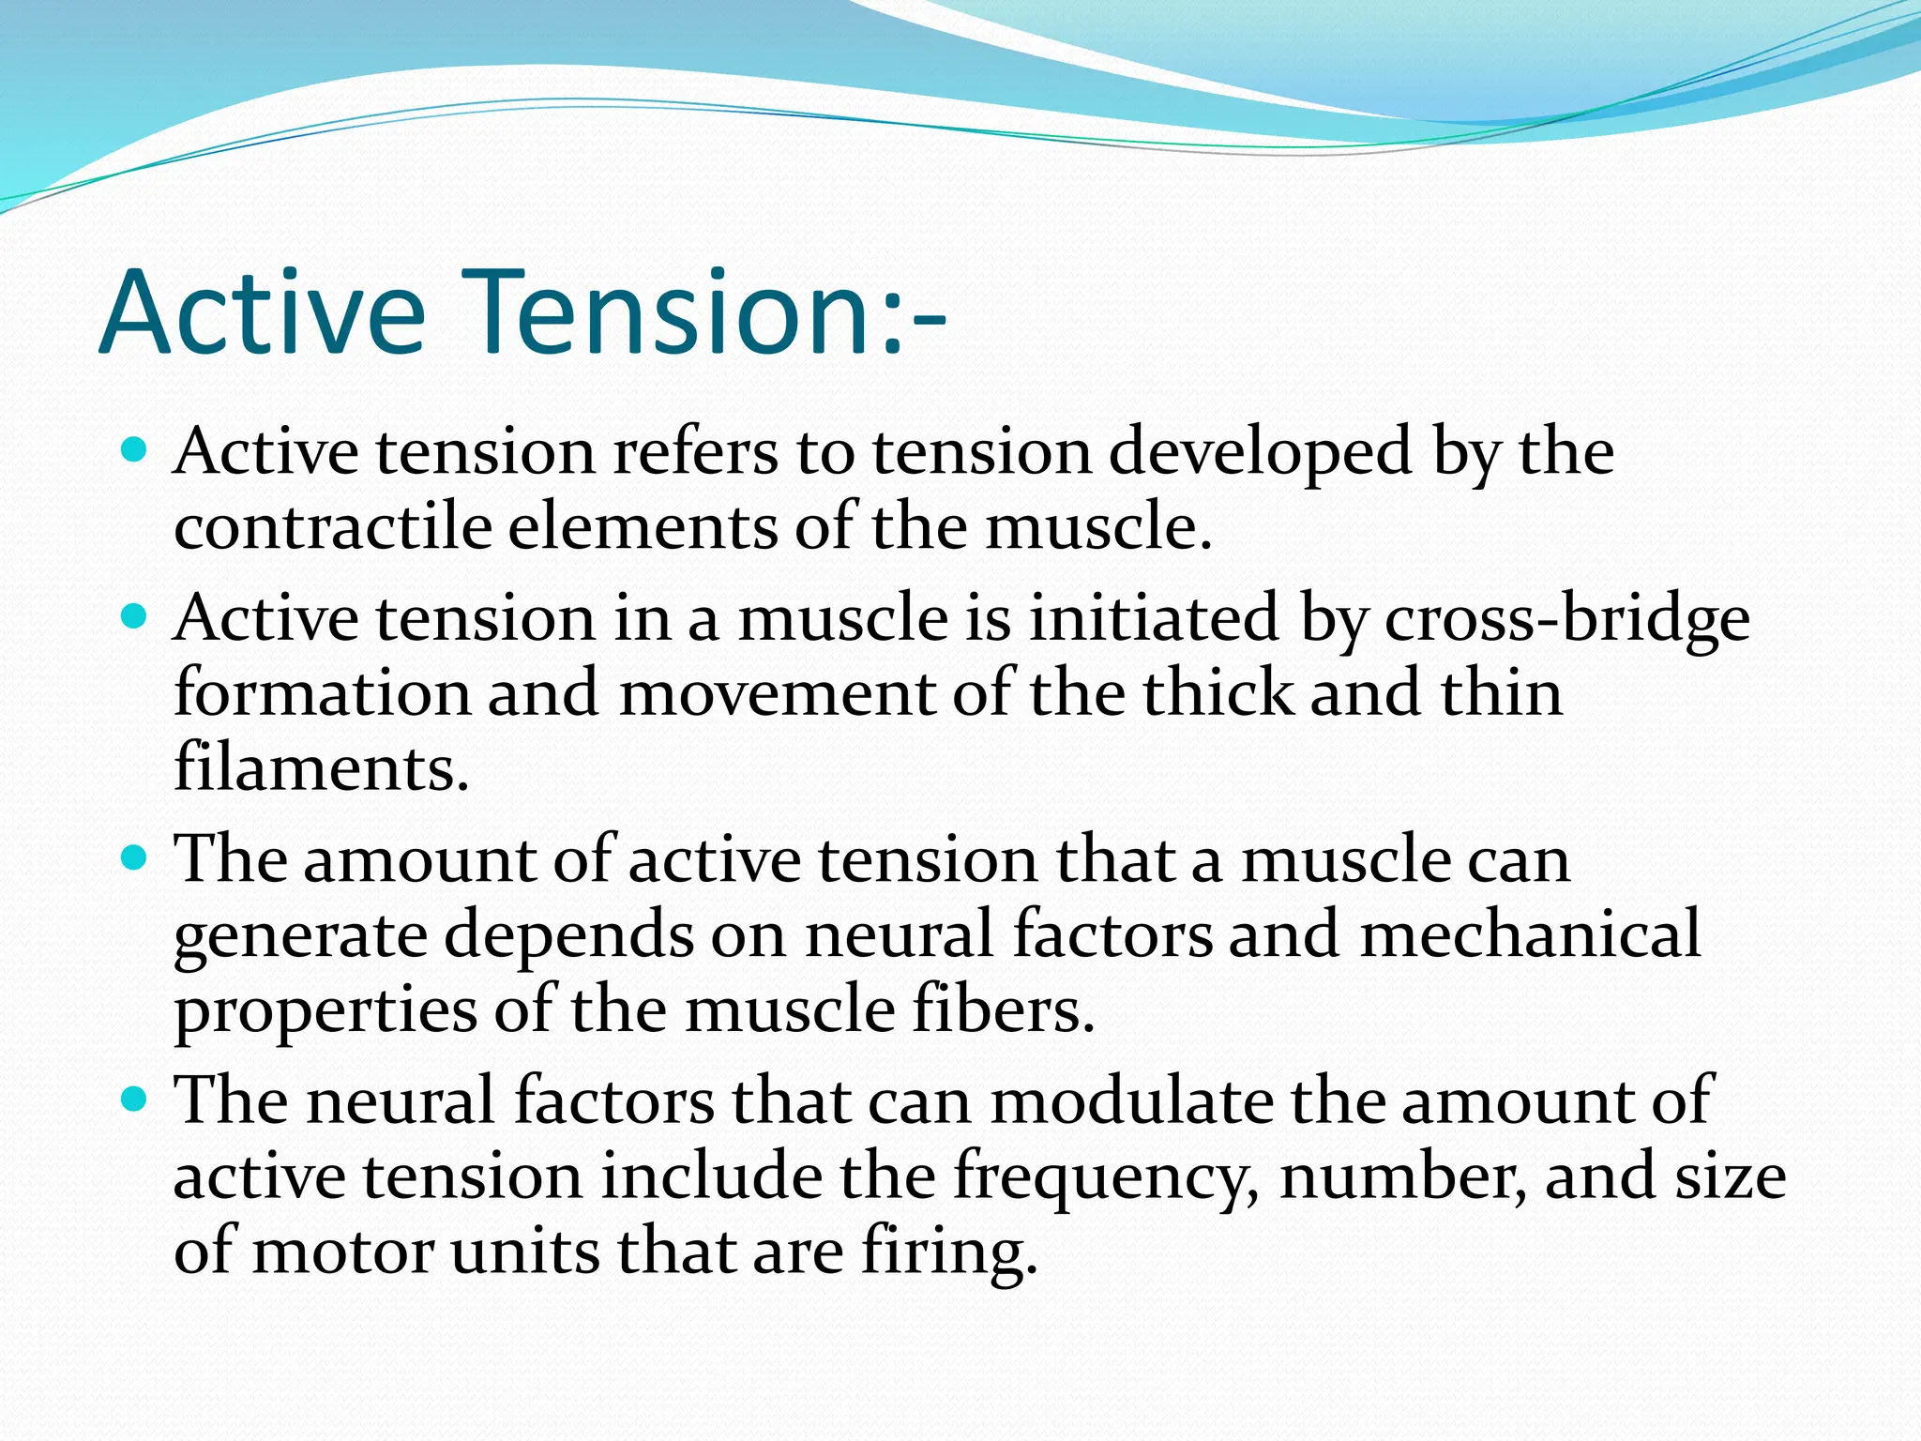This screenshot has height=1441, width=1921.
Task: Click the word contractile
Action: pyautogui.click(x=333, y=527)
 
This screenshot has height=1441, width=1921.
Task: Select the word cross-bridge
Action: pyautogui.click(x=1566, y=619)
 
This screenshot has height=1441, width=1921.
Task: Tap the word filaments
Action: pyautogui.click(x=321, y=767)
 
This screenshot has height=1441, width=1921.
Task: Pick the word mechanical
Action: pyautogui.click(x=1530, y=935)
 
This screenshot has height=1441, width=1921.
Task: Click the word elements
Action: pyautogui.click(x=643, y=527)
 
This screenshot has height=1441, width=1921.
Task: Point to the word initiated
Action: pyautogui.click(x=1155, y=619)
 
